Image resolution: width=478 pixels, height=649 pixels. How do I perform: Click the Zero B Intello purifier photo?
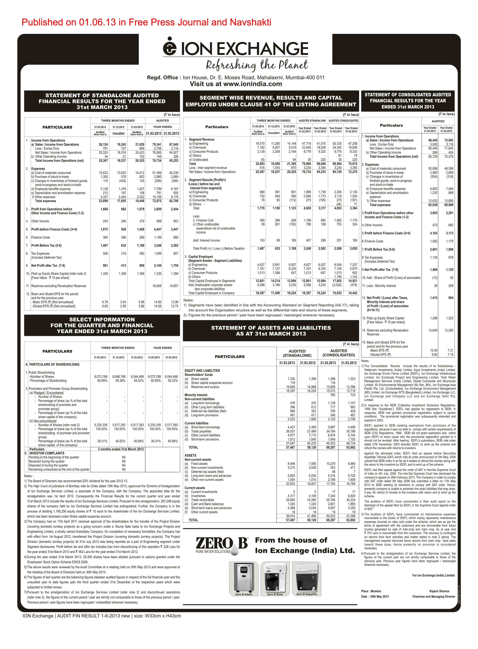244,578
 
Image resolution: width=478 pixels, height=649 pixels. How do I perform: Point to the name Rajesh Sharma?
439,591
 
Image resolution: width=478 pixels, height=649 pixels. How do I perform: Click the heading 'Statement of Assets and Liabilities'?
271,331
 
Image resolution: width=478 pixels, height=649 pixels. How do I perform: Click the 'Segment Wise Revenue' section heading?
271,101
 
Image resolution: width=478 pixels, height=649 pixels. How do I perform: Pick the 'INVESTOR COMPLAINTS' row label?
47,453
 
